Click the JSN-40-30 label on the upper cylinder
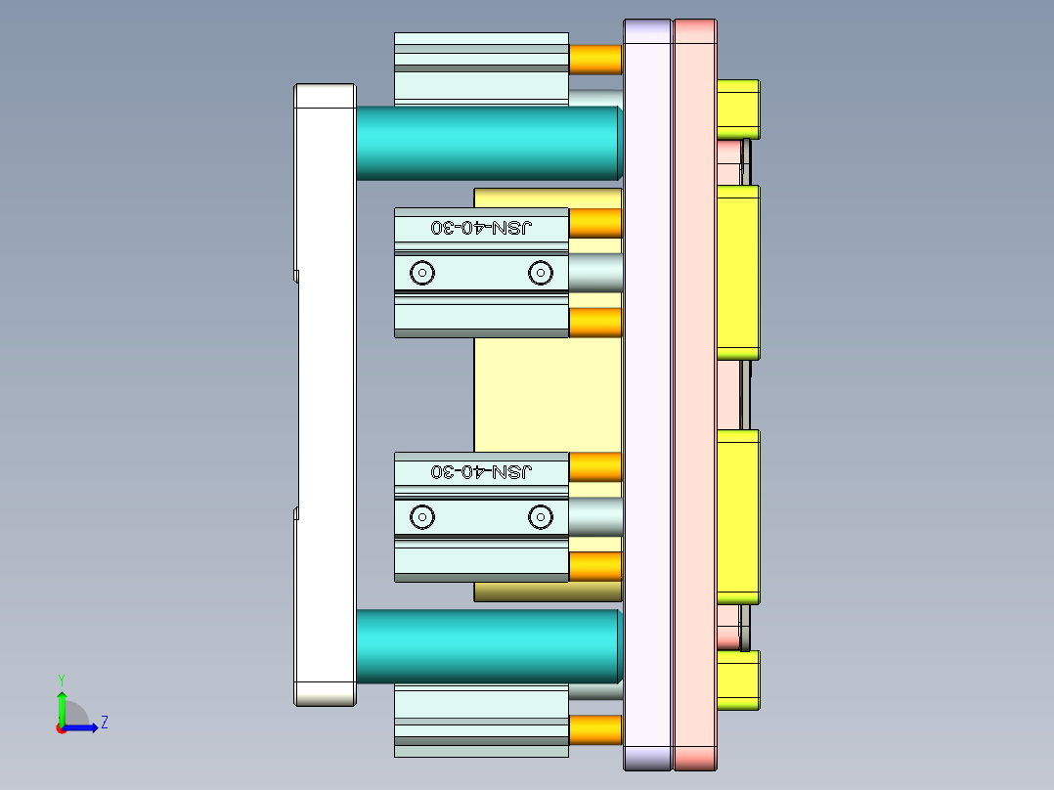click(482, 228)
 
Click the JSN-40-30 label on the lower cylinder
click(482, 472)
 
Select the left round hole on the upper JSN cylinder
click(421, 273)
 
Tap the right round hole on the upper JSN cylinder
click(540, 273)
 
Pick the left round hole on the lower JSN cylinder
click(421, 516)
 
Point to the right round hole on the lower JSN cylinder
click(540, 516)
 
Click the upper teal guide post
click(487, 143)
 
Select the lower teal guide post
click(487, 646)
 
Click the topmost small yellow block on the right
click(738, 109)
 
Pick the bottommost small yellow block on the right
click(738, 680)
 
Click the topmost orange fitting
click(595, 60)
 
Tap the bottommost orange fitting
click(595, 729)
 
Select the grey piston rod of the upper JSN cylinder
click(594, 273)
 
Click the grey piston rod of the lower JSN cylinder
click(594, 516)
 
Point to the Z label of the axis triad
click(104, 724)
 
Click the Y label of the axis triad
click(61, 679)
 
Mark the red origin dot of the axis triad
click(61, 728)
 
